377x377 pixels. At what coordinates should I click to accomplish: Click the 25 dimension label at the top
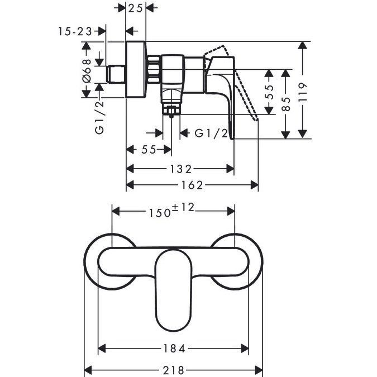136,8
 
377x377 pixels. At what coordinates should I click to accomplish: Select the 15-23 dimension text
75,31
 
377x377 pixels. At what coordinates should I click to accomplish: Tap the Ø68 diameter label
87,70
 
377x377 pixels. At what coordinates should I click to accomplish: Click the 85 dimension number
285,104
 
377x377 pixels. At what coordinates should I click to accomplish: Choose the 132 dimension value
181,169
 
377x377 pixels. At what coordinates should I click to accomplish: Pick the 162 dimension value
192,185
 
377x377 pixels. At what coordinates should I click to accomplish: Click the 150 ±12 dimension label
171,211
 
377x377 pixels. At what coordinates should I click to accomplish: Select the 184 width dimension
174,349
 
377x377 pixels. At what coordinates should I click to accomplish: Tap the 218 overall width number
174,370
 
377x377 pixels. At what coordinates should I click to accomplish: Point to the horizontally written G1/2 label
211,133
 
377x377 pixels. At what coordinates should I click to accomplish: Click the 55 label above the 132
149,150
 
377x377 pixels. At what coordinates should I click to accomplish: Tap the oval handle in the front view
174,290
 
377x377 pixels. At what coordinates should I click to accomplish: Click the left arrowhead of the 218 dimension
88,370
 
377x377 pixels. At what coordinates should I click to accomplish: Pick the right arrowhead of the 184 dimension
245,349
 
